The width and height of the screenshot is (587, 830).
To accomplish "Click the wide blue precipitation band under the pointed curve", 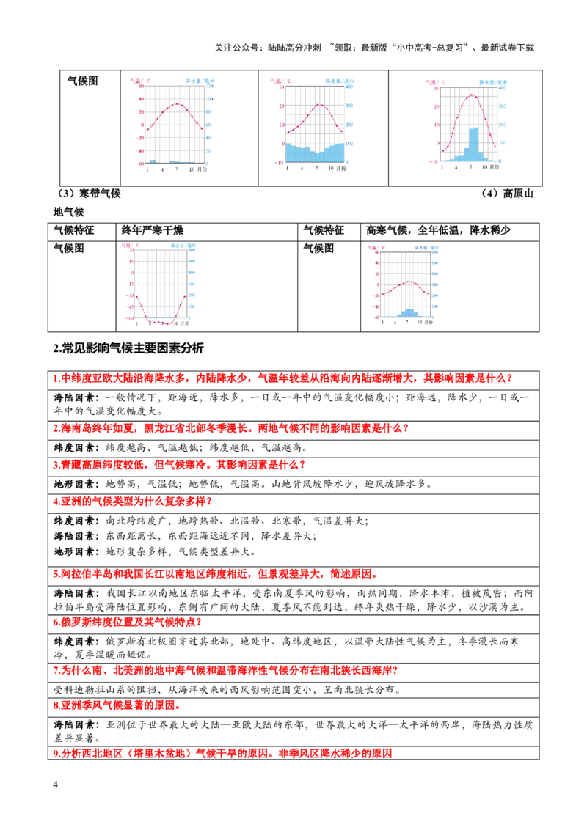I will coord(315,153).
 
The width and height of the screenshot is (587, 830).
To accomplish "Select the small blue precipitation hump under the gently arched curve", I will coord(408,313).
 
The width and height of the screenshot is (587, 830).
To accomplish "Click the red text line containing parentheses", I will coord(223,753).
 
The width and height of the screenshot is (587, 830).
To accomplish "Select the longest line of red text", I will coord(282,379).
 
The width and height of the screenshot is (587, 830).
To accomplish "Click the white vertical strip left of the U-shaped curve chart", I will coord(119,286).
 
